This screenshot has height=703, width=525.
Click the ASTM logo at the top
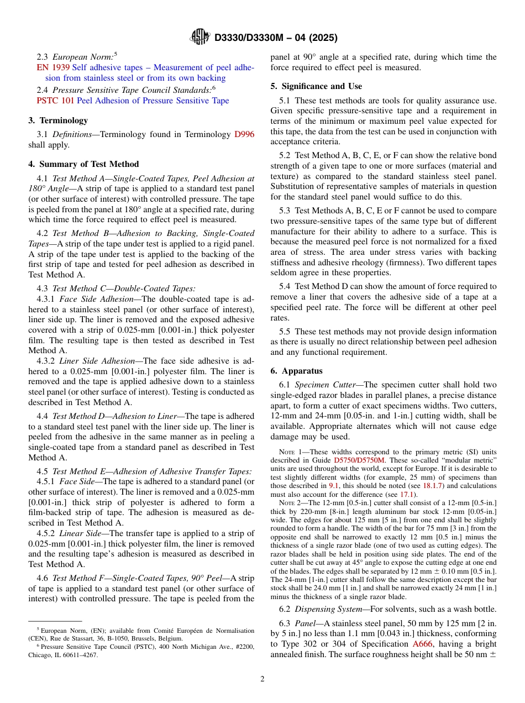point(200,37)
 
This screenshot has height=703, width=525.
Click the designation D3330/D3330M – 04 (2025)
point(275,38)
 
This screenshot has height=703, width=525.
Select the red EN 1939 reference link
point(53,67)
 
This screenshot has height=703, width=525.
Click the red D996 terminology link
point(244,134)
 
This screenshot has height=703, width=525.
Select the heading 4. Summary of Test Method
point(83,164)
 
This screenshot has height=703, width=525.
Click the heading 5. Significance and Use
point(316,86)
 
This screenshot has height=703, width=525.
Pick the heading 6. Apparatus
point(297,371)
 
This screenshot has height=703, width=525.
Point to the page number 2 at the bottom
point(262,679)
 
